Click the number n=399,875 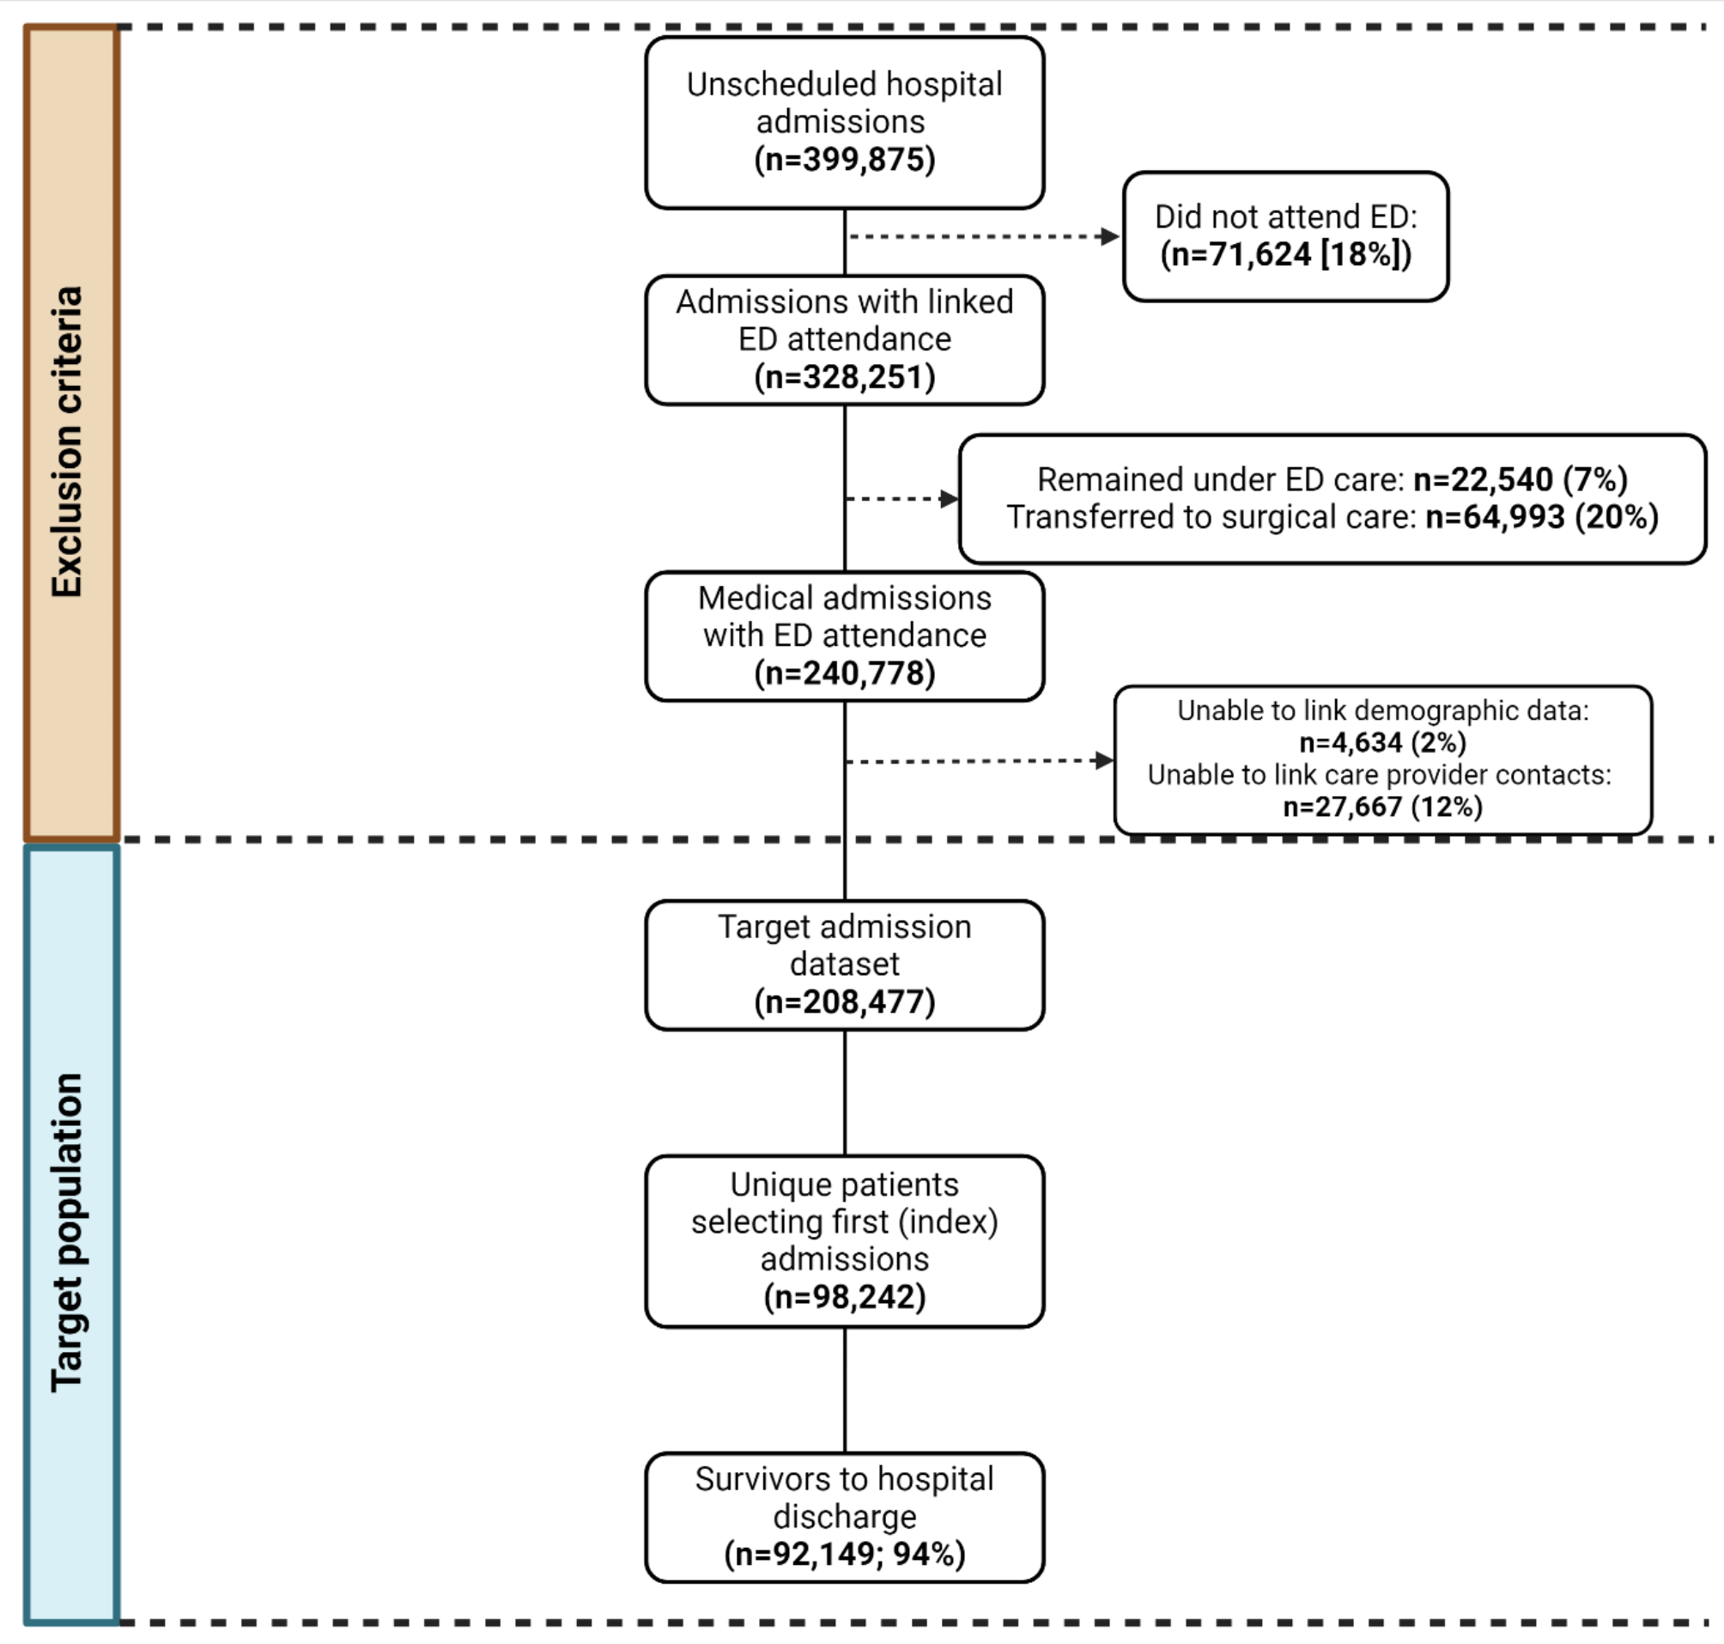click(845, 160)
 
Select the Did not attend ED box click(1285, 235)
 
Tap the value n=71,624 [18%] click(1285, 254)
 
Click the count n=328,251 click(845, 377)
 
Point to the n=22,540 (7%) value click(1520, 479)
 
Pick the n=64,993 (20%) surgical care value click(1542, 517)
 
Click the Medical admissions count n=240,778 click(845, 673)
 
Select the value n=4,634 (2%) click(1382, 742)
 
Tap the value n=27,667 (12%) click(1382, 807)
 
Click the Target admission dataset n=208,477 click(845, 1002)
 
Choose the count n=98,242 click(845, 1297)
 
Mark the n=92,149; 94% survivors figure click(845, 1554)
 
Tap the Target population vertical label click(69, 1231)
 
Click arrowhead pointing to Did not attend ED click(1109, 235)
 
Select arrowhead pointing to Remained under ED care click(949, 499)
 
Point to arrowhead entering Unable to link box click(1104, 760)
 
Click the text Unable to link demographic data click(1382, 709)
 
